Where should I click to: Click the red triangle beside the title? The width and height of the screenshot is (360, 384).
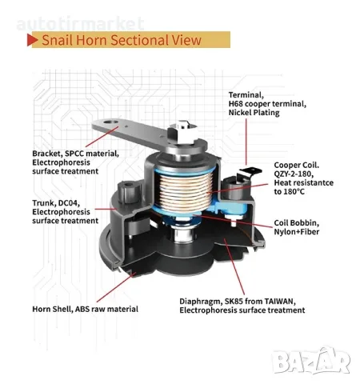click(32, 40)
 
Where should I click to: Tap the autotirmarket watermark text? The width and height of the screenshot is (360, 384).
click(80, 23)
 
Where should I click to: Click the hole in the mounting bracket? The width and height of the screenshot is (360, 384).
click(110, 122)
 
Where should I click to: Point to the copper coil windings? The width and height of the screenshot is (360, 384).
click(185, 191)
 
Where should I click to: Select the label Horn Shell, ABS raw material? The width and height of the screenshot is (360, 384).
click(86, 309)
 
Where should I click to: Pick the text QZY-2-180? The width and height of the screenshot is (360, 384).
click(294, 174)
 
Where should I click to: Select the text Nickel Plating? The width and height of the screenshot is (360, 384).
click(254, 113)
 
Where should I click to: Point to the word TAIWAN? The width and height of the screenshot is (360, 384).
click(280, 302)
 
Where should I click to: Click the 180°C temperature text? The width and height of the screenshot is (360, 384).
click(294, 192)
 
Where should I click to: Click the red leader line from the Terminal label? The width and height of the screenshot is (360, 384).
click(246, 142)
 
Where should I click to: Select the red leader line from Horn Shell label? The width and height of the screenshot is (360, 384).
click(116, 287)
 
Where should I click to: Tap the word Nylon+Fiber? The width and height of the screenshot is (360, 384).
click(297, 232)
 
